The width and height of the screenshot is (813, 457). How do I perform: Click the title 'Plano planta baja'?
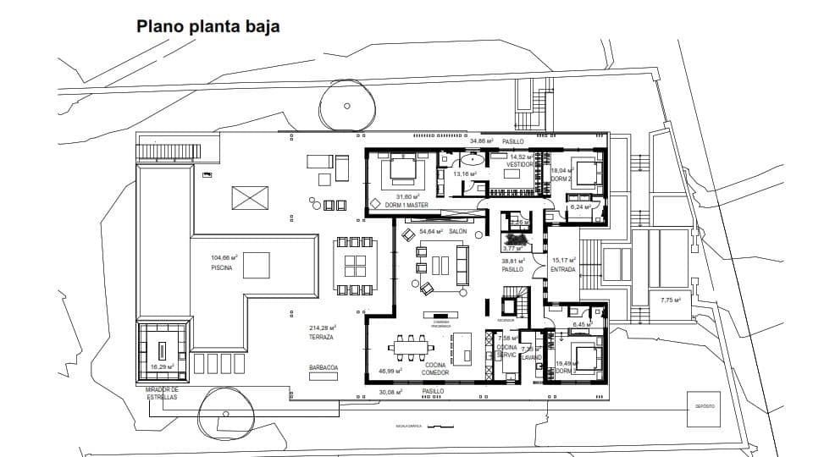[x=208, y=27]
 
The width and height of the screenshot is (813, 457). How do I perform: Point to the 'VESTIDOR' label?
[x=520, y=164]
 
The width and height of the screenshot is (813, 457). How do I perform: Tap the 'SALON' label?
[x=458, y=231]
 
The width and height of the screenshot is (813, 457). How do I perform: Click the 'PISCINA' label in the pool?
[x=223, y=267]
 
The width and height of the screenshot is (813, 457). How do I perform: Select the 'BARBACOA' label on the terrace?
[x=324, y=367]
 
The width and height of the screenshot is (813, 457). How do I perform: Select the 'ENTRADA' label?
[x=563, y=270]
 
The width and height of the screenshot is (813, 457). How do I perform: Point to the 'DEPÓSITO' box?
[x=705, y=406]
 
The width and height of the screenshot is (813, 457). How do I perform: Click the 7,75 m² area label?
[x=671, y=300]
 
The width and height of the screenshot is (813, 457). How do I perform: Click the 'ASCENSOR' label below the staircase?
[x=506, y=320]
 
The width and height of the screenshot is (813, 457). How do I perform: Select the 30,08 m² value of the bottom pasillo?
[x=390, y=392]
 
